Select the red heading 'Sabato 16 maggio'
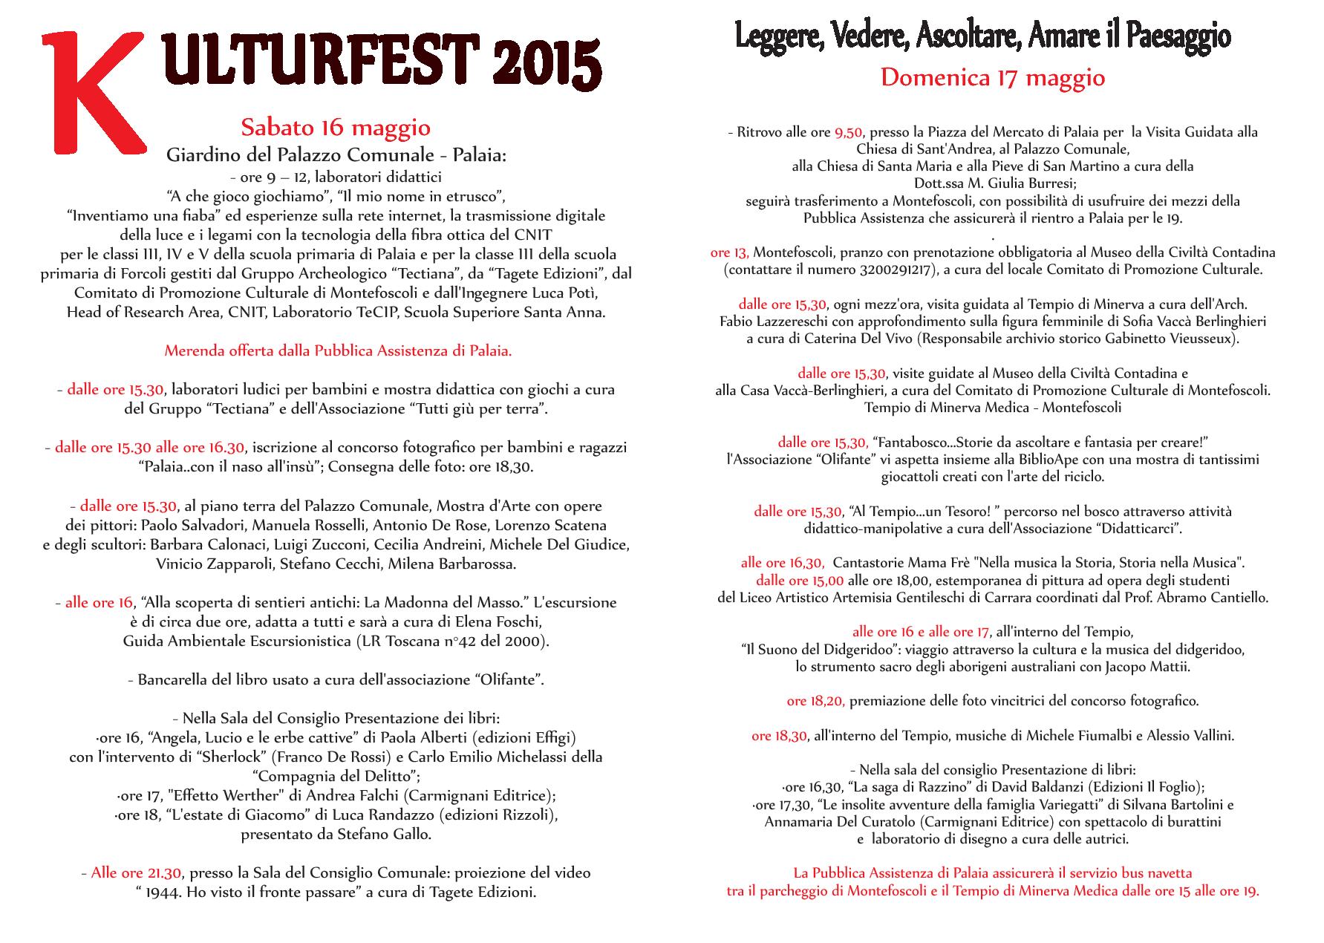pyautogui.click(x=336, y=128)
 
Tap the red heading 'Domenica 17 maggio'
pyautogui.click(x=993, y=77)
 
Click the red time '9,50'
pyautogui.click(x=848, y=132)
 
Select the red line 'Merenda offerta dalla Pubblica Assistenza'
pyautogui.click(x=338, y=350)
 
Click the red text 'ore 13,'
pyautogui.click(x=729, y=252)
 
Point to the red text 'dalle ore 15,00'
pyautogui.click(x=800, y=580)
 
